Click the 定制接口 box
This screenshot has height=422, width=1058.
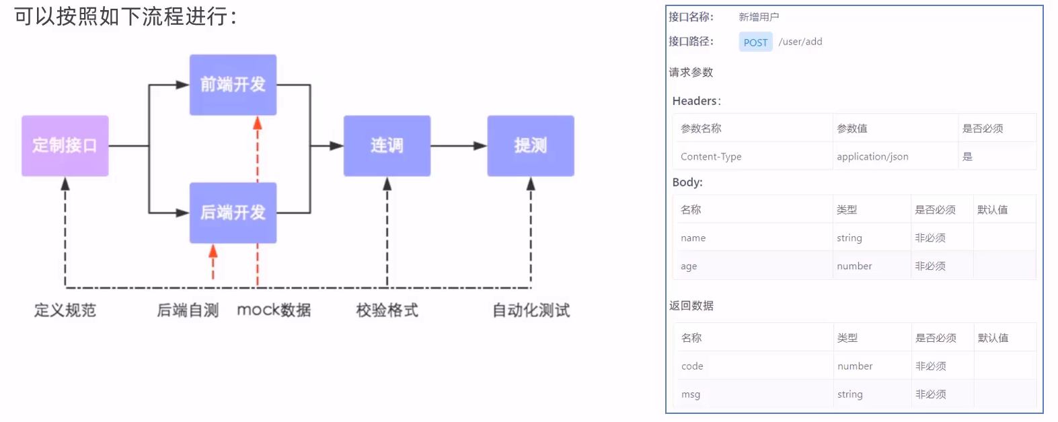pyautogui.click(x=65, y=145)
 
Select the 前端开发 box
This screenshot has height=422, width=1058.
pyautogui.click(x=233, y=85)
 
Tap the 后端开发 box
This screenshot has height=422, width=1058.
pyautogui.click(x=233, y=213)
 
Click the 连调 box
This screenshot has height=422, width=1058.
pyautogui.click(x=387, y=145)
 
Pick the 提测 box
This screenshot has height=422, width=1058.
pyautogui.click(x=530, y=145)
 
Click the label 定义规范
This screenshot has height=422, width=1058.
pyautogui.click(x=65, y=310)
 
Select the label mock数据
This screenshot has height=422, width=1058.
pyautogui.click(x=274, y=310)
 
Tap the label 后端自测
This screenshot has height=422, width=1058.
pyautogui.click(x=188, y=310)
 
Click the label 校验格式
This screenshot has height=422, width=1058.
pyautogui.click(x=387, y=310)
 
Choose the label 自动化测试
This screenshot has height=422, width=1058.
pyautogui.click(x=531, y=310)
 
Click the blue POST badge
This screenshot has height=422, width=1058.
pyautogui.click(x=755, y=42)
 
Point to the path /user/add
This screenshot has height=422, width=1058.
pyautogui.click(x=800, y=42)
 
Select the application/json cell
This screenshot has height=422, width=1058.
pyautogui.click(x=872, y=157)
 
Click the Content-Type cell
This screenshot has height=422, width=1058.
pyautogui.click(x=711, y=157)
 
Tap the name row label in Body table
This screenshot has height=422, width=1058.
pyautogui.click(x=693, y=238)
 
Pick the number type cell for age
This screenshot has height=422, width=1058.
pyautogui.click(x=854, y=267)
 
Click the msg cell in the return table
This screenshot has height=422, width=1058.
pyautogui.click(x=691, y=394)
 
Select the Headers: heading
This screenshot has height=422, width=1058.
pyautogui.click(x=696, y=101)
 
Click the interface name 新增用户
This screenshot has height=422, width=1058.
pyautogui.click(x=759, y=17)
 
